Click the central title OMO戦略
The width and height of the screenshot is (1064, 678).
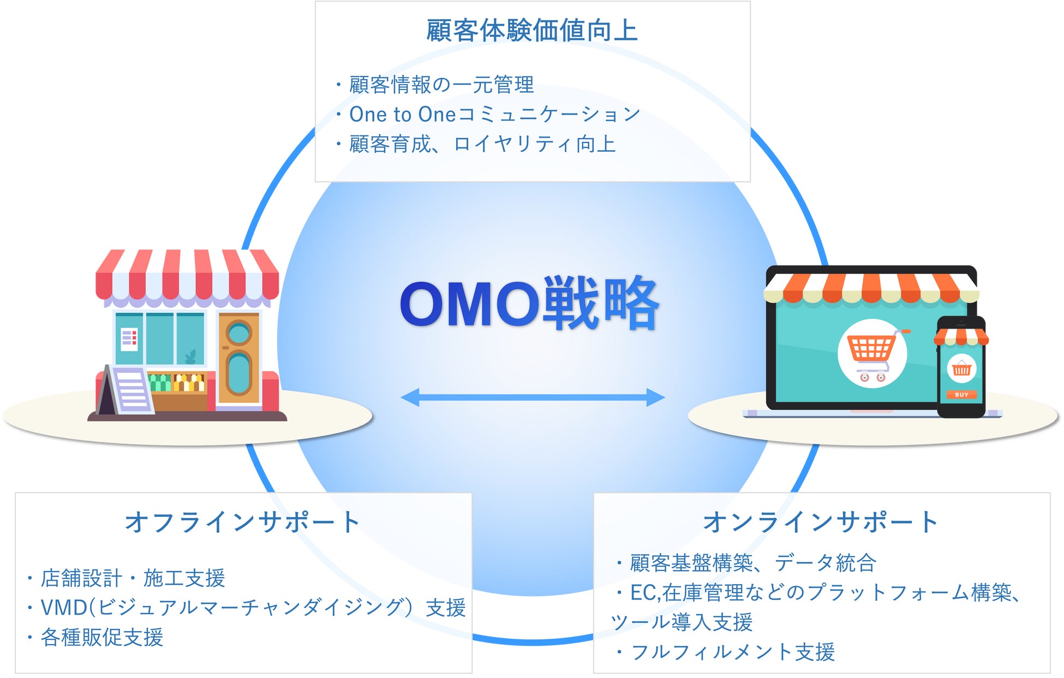(x=529, y=304)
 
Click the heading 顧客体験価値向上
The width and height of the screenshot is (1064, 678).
(x=532, y=31)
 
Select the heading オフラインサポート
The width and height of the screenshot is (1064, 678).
(x=242, y=522)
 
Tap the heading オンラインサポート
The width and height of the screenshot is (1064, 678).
(x=821, y=522)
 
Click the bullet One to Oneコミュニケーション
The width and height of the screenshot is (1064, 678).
(x=494, y=115)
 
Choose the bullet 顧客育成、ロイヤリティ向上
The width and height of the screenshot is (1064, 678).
(x=482, y=144)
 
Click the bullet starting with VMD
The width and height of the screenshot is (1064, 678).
(x=253, y=608)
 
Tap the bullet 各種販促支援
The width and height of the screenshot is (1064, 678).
(x=102, y=637)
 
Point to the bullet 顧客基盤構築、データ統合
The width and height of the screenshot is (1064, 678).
(x=753, y=563)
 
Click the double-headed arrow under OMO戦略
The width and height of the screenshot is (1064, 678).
(x=533, y=397)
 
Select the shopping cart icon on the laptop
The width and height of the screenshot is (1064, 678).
(x=872, y=354)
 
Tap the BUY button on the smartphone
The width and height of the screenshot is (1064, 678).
(x=961, y=395)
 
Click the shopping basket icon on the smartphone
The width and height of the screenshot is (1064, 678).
(x=961, y=369)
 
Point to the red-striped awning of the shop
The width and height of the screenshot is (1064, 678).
(x=187, y=276)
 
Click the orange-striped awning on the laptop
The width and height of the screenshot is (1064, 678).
(x=871, y=287)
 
